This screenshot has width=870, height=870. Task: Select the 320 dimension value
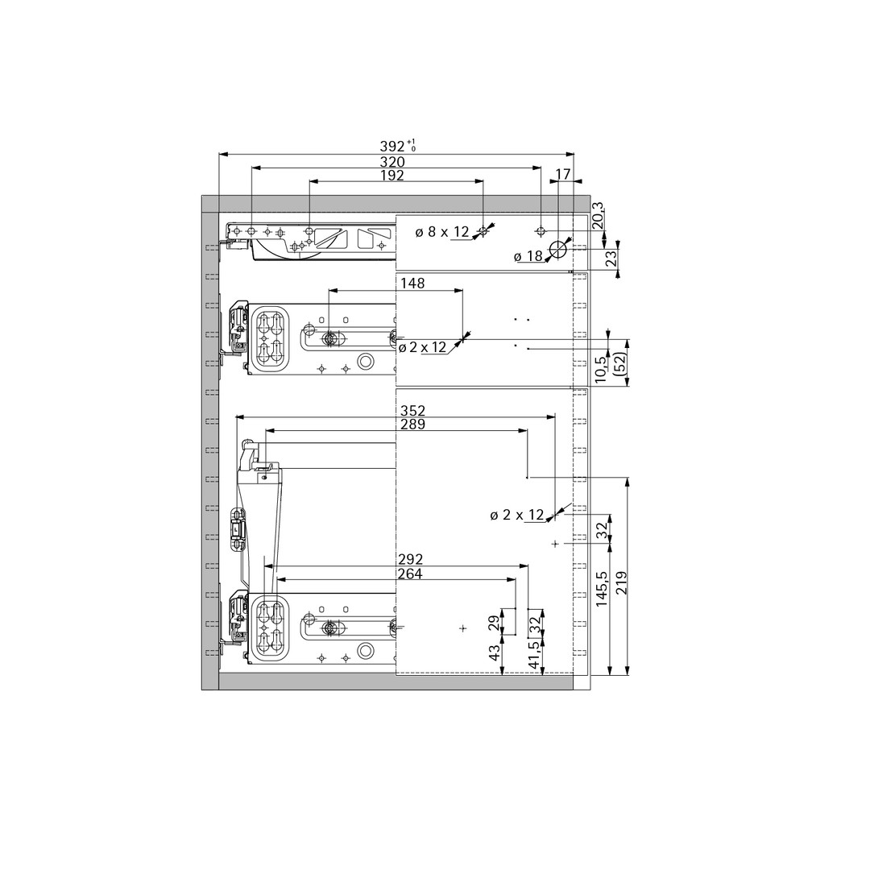[x=392, y=162]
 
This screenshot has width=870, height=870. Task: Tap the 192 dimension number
[x=392, y=176]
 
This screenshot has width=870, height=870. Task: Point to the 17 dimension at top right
[x=562, y=174]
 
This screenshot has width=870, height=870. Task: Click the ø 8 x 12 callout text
[x=442, y=232]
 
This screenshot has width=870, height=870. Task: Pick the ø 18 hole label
[x=528, y=256]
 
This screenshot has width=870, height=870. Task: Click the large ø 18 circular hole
[x=557, y=251]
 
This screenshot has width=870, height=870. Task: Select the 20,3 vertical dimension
[x=597, y=217]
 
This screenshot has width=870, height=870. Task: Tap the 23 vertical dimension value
[x=611, y=259]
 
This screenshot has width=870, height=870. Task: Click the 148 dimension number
[x=412, y=284]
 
